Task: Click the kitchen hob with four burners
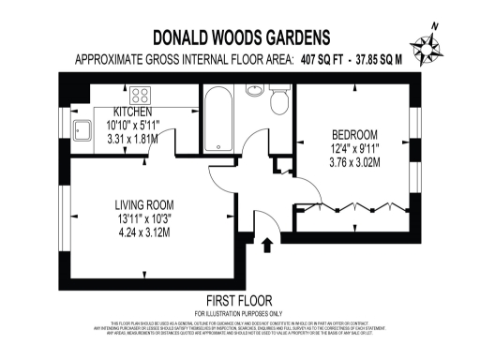coord(141,95)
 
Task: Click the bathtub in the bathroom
coord(218,120)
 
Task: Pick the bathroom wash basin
coord(255,92)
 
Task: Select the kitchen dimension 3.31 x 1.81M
coord(131,137)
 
